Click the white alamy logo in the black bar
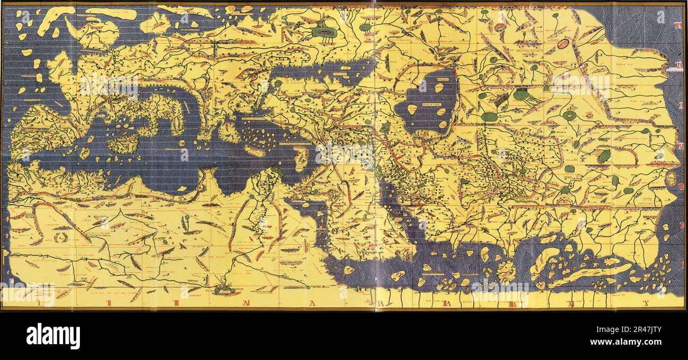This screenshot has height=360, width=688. click(x=53, y=336)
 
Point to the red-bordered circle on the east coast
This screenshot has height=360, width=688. click(x=671, y=178)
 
